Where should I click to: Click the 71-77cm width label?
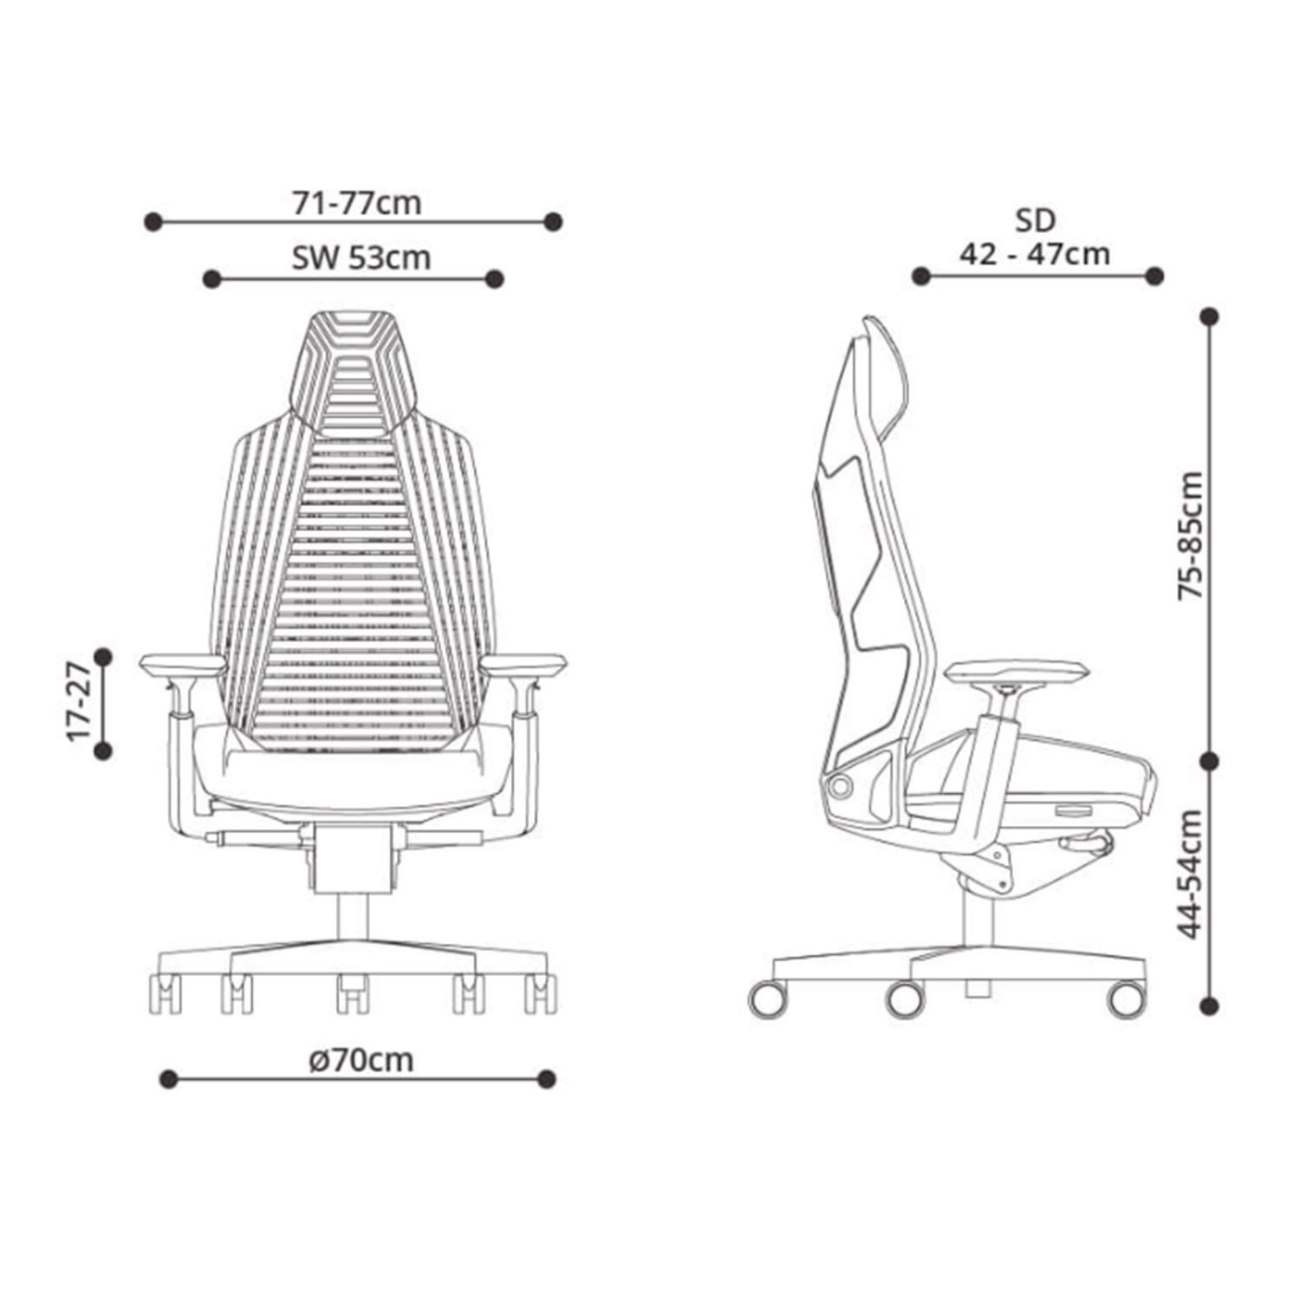357,203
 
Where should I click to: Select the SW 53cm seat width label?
361,258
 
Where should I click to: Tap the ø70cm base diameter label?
361,1059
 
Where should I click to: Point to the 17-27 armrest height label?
78,702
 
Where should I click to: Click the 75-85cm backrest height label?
1192,536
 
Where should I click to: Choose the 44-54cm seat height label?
1192,874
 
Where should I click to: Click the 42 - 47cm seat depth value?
1034,254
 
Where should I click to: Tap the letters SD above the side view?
1035,220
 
